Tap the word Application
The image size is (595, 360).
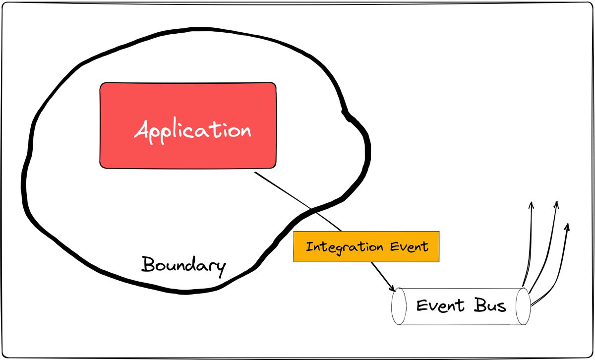click(193, 131)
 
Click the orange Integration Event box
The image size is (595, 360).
click(366, 246)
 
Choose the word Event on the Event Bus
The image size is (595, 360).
click(435, 305)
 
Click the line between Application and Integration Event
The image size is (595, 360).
click(297, 201)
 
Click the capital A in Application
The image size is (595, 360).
click(143, 131)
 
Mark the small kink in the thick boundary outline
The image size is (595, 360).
click(347, 114)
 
